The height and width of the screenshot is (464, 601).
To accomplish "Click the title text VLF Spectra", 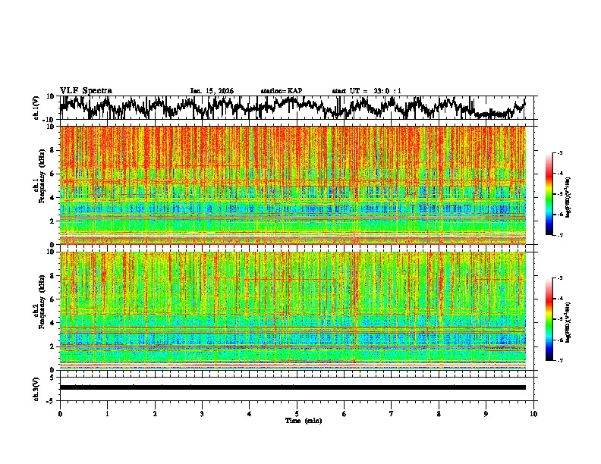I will [x=86, y=91].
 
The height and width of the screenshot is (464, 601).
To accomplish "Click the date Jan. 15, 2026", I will [x=212, y=91].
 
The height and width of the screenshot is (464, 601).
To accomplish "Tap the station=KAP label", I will [x=282, y=91].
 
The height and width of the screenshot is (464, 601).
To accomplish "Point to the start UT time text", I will [x=367, y=91].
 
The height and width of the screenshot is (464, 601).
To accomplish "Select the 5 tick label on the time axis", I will [x=297, y=413].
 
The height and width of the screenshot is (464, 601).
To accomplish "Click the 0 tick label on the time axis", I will [x=60, y=413].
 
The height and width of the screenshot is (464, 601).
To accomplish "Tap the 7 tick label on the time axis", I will [x=392, y=413].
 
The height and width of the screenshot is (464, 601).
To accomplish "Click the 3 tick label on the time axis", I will [x=202, y=413].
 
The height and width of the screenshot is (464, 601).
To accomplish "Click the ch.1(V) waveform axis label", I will [x=36, y=108].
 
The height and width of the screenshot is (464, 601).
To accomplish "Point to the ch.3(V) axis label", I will [x=36, y=387].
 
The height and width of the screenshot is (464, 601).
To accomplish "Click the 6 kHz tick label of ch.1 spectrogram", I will [x=53, y=174].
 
